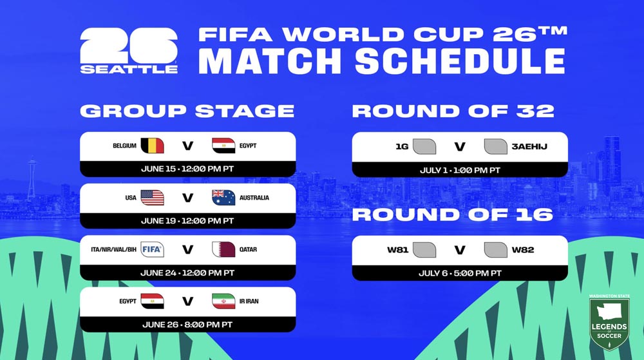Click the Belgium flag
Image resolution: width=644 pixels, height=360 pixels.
152,146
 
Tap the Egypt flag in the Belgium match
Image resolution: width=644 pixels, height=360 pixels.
223,146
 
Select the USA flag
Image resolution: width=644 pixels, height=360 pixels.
152,198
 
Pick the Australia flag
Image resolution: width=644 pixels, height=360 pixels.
223,198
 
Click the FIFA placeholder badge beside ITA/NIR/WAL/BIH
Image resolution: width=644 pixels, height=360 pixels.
152,249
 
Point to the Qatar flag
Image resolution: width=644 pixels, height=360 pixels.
223,249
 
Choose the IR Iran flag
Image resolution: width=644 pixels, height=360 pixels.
223,301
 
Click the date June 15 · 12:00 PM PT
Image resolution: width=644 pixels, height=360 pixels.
187,169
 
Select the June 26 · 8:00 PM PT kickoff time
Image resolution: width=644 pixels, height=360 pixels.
187,325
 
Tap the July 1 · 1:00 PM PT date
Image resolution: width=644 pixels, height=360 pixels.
459,169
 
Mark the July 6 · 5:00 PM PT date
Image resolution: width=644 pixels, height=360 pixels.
459,273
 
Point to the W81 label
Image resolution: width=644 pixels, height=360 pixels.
397,250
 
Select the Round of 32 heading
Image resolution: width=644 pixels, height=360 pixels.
453,111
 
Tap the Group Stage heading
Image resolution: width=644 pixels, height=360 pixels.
187,111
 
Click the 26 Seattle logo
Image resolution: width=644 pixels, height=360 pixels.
129,51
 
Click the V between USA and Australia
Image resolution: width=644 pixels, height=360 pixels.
187,198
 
